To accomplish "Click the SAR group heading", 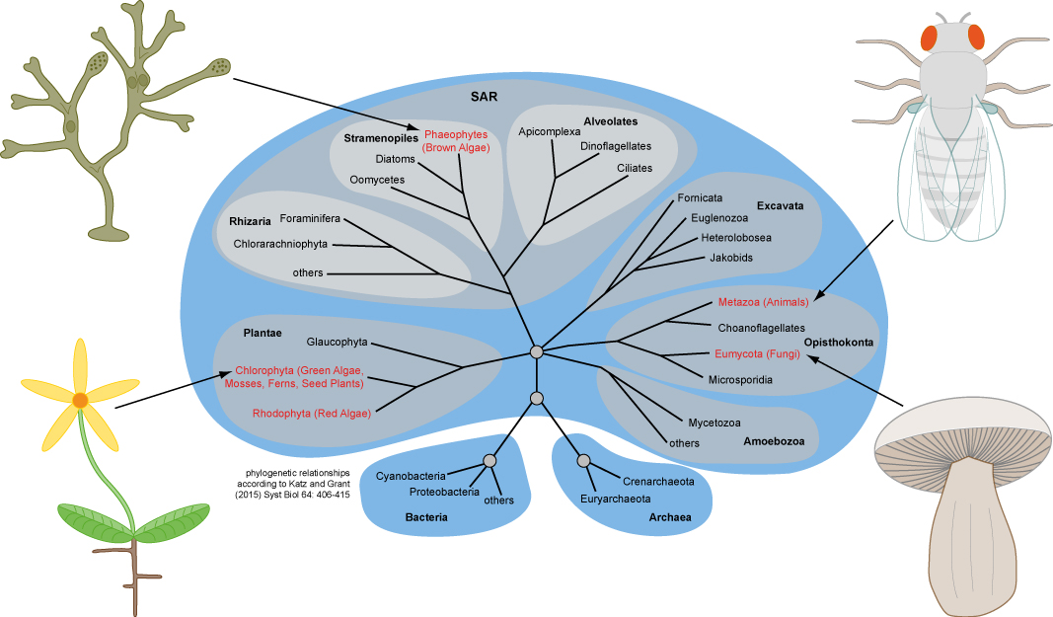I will pyautogui.click(x=484, y=97).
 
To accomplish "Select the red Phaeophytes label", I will pyautogui.click(x=456, y=135).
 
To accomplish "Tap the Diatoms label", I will pyautogui.click(x=396, y=159).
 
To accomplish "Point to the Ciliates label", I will pyautogui.click(x=635, y=168).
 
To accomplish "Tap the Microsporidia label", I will pyautogui.click(x=738, y=379).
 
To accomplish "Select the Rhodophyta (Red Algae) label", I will pyautogui.click(x=311, y=414).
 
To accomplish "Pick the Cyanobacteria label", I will pyautogui.click(x=411, y=477).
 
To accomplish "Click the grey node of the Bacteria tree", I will pyautogui.click(x=489, y=461).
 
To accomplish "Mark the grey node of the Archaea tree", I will pyautogui.click(x=583, y=461).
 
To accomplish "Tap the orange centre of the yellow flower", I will pyautogui.click(x=80, y=400).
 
